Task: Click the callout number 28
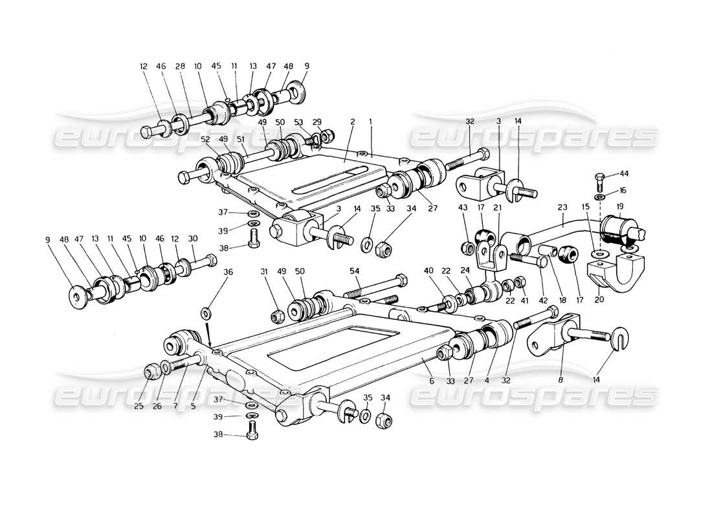pos(181,66)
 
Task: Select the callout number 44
pos(624,174)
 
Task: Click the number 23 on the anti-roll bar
pos(562,208)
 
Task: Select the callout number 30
pos(192,238)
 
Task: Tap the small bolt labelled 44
pos(600,179)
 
